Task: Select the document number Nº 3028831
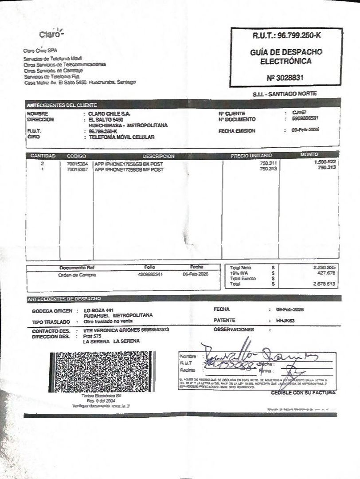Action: tap(285, 78)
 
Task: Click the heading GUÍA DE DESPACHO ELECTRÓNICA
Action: tap(286, 56)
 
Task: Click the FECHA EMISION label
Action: tap(237, 131)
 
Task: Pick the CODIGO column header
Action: tap(76, 156)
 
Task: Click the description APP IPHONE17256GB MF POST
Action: tap(129, 169)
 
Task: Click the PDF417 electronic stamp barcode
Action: tap(102, 372)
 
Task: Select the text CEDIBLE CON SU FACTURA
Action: tap(303, 393)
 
